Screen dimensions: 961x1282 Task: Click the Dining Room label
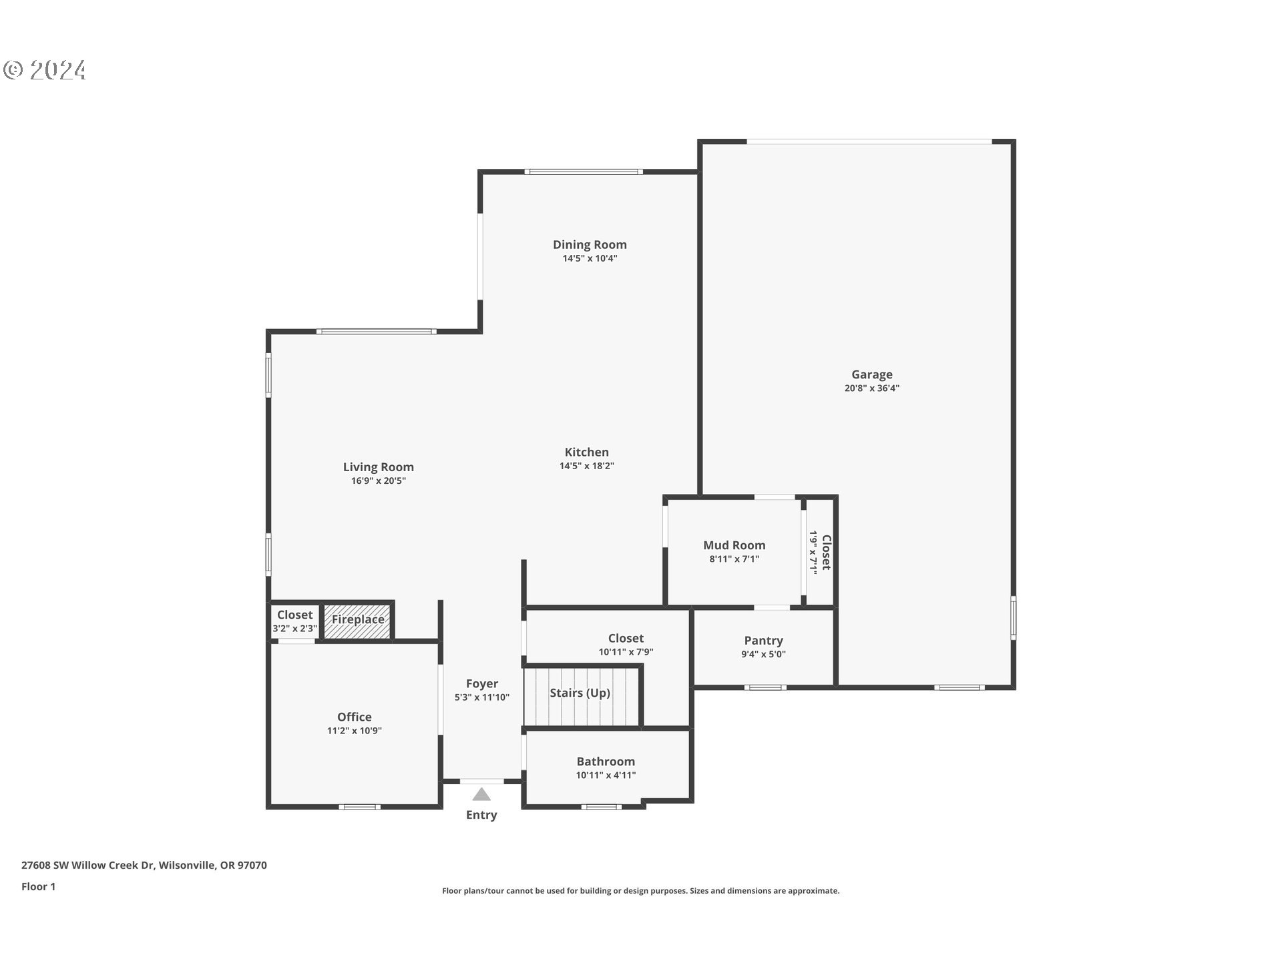(590, 245)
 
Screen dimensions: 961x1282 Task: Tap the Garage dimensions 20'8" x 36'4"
(871, 388)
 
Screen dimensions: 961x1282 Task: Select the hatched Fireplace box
(358, 620)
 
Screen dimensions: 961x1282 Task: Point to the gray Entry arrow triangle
(481, 794)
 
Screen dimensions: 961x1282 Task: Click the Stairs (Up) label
(580, 693)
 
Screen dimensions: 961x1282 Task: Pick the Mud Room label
(734, 545)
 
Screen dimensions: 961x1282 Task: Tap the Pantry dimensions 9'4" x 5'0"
(763, 655)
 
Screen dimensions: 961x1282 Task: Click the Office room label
(354, 717)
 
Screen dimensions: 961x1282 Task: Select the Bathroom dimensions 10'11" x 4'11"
(606, 775)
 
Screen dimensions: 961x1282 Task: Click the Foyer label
(481, 683)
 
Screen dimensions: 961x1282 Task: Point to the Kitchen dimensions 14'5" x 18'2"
(586, 466)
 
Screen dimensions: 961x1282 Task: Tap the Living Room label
(378, 467)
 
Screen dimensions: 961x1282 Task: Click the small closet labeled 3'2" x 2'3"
(294, 621)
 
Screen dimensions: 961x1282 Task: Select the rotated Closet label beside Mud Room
(827, 552)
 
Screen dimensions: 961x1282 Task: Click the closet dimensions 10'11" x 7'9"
(626, 653)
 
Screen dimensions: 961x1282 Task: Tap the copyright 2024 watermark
(45, 70)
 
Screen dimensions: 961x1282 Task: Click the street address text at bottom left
(144, 865)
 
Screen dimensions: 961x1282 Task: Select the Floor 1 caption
(38, 886)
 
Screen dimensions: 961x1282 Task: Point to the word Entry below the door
(481, 815)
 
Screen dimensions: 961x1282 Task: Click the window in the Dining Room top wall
(584, 172)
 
